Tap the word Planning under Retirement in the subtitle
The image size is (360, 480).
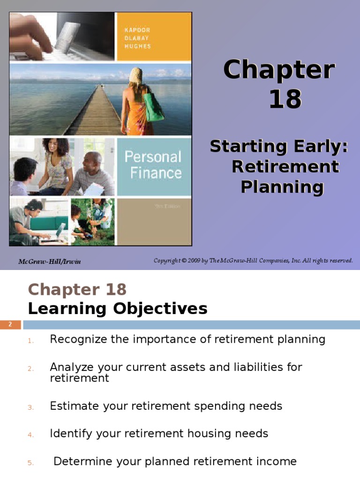(x=282, y=187)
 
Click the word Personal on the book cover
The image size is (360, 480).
(x=153, y=157)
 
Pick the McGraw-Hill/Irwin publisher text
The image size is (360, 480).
(x=50, y=261)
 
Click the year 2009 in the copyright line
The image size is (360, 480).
(x=199, y=261)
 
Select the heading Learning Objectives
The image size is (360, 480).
(x=118, y=308)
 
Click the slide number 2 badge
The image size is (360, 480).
(x=11, y=324)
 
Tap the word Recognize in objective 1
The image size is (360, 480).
(x=78, y=339)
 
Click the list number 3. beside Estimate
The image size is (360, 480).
(x=30, y=407)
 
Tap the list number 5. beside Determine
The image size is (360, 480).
(x=30, y=463)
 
